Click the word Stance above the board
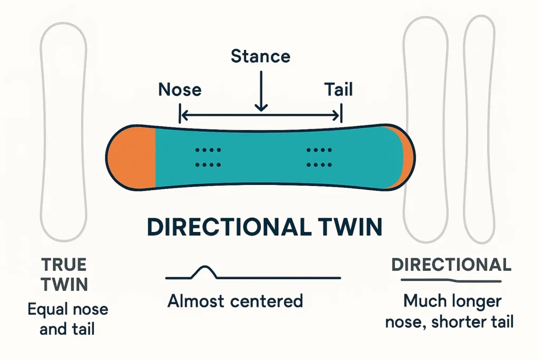(261, 56)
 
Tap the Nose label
(180, 90)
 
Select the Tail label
(339, 90)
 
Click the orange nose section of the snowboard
(132, 157)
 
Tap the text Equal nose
(67, 309)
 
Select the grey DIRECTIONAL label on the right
(451, 265)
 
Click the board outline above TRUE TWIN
(64, 132)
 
